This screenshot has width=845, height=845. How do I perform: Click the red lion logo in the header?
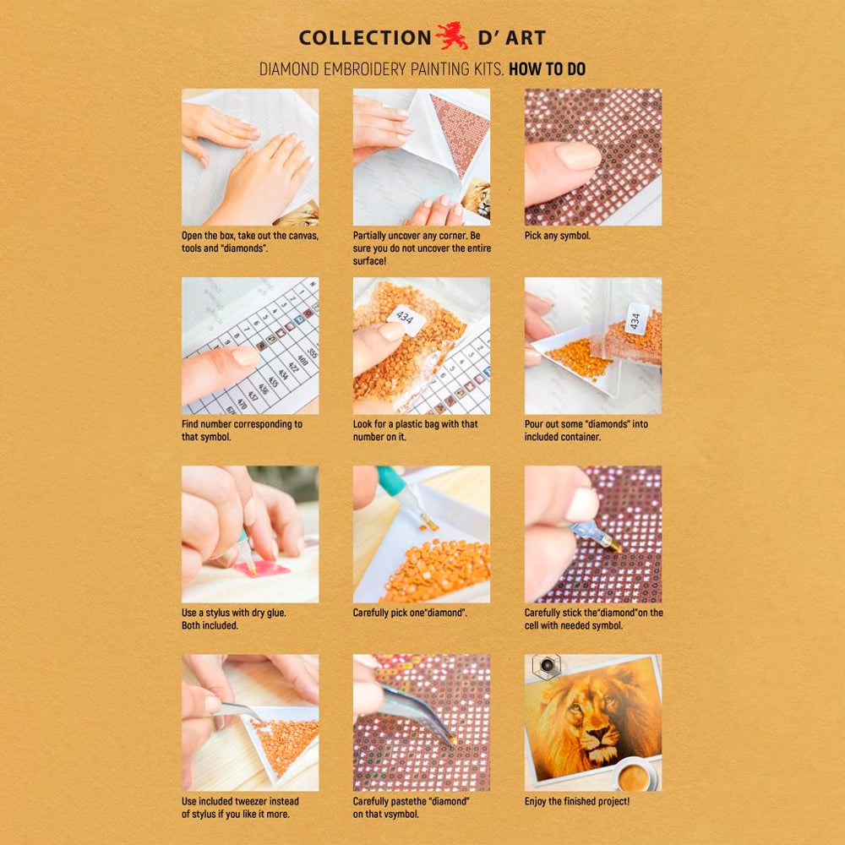(452, 36)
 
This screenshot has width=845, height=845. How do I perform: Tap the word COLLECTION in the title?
(364, 38)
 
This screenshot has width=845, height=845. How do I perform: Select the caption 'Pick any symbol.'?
(557, 236)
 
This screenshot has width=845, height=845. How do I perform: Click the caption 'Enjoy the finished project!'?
(576, 801)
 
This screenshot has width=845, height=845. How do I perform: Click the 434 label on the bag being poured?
(635, 319)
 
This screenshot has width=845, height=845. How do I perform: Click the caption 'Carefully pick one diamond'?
(410, 613)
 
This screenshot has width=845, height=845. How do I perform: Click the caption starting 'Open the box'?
(250, 242)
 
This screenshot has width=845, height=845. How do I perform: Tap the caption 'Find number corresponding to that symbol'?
(242, 430)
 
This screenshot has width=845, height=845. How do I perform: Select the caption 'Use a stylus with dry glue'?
(234, 619)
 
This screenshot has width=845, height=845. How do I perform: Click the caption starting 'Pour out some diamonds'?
(586, 430)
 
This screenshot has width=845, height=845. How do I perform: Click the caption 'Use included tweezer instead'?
(240, 807)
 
